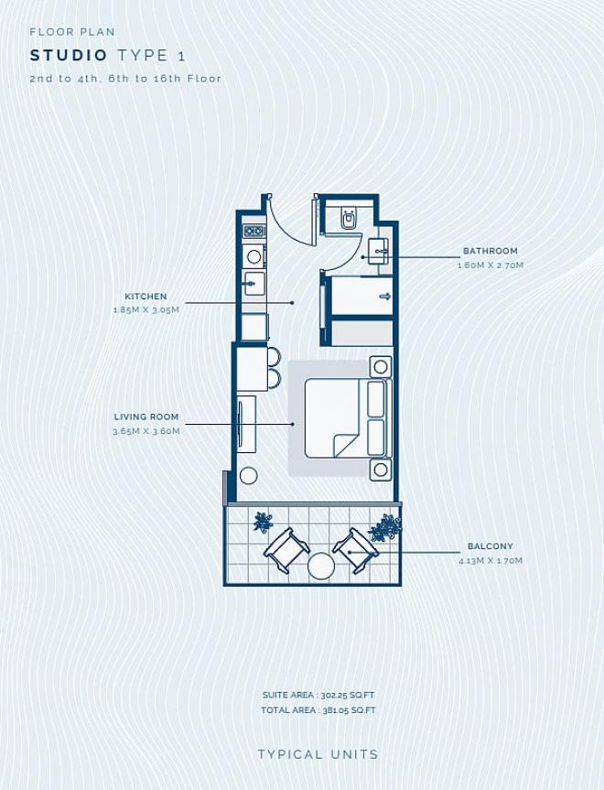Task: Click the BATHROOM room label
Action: coord(491,251)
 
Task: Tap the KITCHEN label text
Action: coord(146,297)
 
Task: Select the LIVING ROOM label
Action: coord(146,417)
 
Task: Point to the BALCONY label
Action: coord(491,547)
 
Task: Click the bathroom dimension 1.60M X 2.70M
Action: coord(491,265)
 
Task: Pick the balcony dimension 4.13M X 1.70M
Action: coord(491,560)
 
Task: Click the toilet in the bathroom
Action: coord(349,217)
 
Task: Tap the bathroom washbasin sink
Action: coord(379,252)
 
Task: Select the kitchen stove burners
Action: coord(254,232)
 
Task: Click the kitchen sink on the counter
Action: coord(253,284)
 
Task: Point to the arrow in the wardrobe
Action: coord(385,297)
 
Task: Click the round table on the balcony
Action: coord(321,566)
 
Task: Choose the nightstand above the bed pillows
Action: coord(381,366)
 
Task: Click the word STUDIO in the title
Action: coord(69,56)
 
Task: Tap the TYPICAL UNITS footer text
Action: coord(318,754)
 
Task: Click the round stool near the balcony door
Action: coord(248,476)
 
